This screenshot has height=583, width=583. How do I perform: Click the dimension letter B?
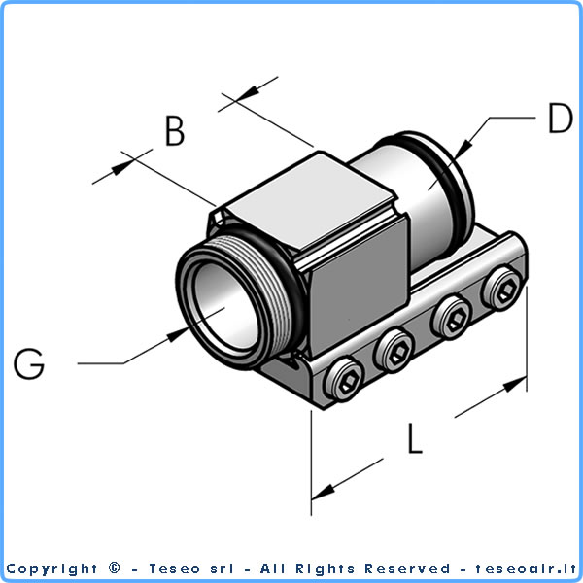click(174, 131)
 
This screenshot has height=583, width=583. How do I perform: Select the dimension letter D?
click(560, 119)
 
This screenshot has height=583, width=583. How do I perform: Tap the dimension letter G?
click(29, 364)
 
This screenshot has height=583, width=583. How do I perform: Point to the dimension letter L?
click(415, 439)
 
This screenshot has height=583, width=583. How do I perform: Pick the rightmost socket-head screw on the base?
click(503, 289)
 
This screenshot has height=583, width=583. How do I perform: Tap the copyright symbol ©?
click(116, 568)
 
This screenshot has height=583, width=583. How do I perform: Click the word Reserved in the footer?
click(407, 568)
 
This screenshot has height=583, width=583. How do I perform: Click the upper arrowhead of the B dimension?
click(248, 91)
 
